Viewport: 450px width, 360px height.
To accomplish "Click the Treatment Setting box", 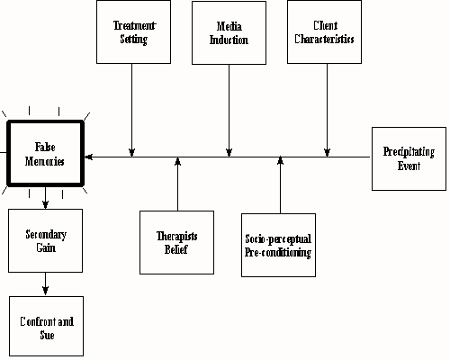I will click(132, 32).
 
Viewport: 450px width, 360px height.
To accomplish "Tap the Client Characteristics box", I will click(326, 32).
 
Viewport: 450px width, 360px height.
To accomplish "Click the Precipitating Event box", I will click(409, 158).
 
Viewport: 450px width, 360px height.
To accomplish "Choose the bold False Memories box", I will click(45, 153).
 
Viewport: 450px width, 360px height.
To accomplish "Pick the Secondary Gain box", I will click(45, 240).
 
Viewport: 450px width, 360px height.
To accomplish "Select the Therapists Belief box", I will click(176, 241).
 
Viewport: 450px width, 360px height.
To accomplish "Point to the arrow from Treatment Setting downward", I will click(132, 108).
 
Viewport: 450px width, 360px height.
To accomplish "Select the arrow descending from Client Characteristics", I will click(326, 108).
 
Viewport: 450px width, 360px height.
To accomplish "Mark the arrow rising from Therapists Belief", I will click(177, 184).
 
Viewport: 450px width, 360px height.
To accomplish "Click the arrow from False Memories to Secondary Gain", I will click(45, 197).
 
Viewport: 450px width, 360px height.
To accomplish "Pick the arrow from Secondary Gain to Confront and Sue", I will click(45, 283).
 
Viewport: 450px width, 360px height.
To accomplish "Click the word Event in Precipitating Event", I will click(409, 166).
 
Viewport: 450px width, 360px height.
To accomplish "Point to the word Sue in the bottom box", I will click(47, 335).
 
